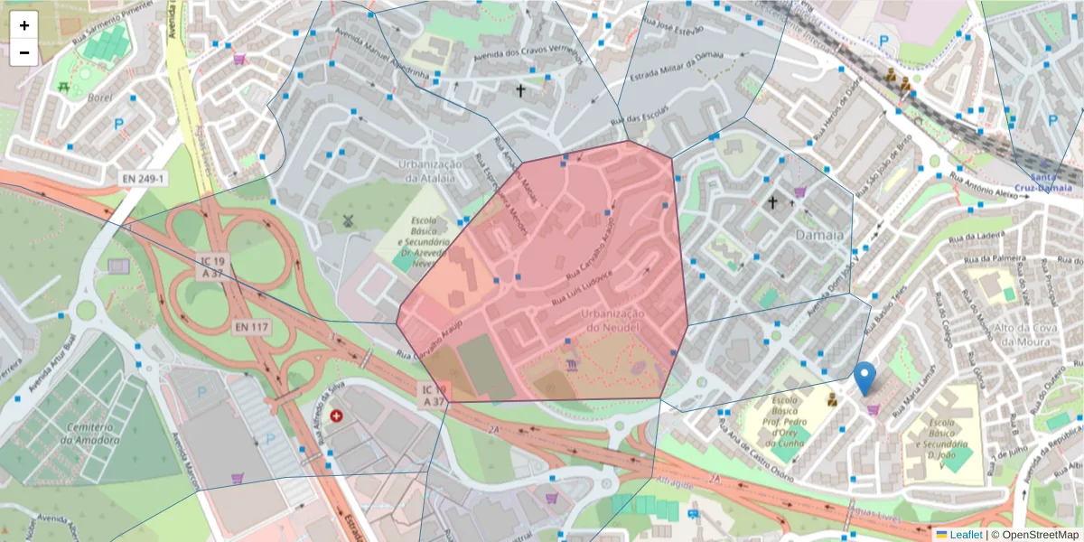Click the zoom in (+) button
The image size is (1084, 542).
coord(24,25)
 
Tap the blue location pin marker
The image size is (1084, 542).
coord(864,378)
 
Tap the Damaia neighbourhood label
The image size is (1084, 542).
coord(819,235)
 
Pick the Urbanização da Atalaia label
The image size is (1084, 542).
coord(430,171)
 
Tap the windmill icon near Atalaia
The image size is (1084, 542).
coord(348,220)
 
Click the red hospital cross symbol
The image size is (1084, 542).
coord(337,416)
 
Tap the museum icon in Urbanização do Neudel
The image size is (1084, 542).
coord(572,365)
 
